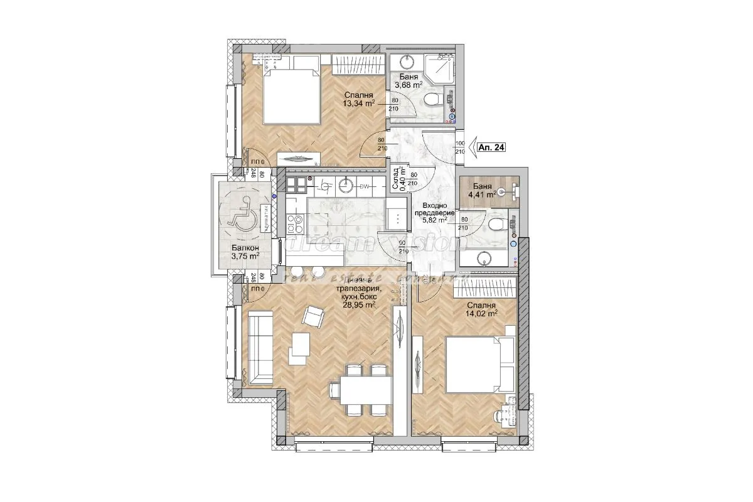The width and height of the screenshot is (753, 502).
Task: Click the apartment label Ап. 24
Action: click(x=491, y=147)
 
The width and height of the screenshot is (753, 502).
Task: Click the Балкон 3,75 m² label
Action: click(x=244, y=251)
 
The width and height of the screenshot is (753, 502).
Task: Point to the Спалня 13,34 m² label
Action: click(x=358, y=100)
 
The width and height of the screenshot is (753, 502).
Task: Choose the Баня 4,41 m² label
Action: click(x=481, y=190)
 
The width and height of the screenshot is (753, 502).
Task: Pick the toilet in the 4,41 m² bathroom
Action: click(x=496, y=225)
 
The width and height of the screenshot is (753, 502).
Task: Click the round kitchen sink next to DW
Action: click(x=344, y=184)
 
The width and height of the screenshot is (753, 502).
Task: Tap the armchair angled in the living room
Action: click(x=312, y=317)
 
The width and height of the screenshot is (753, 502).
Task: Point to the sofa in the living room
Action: click(x=259, y=347)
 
